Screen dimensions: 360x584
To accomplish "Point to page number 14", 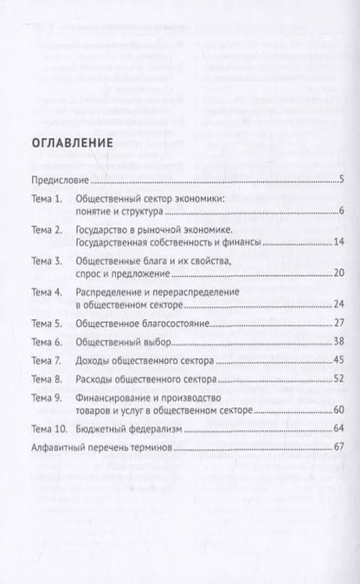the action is (x=339, y=245).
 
